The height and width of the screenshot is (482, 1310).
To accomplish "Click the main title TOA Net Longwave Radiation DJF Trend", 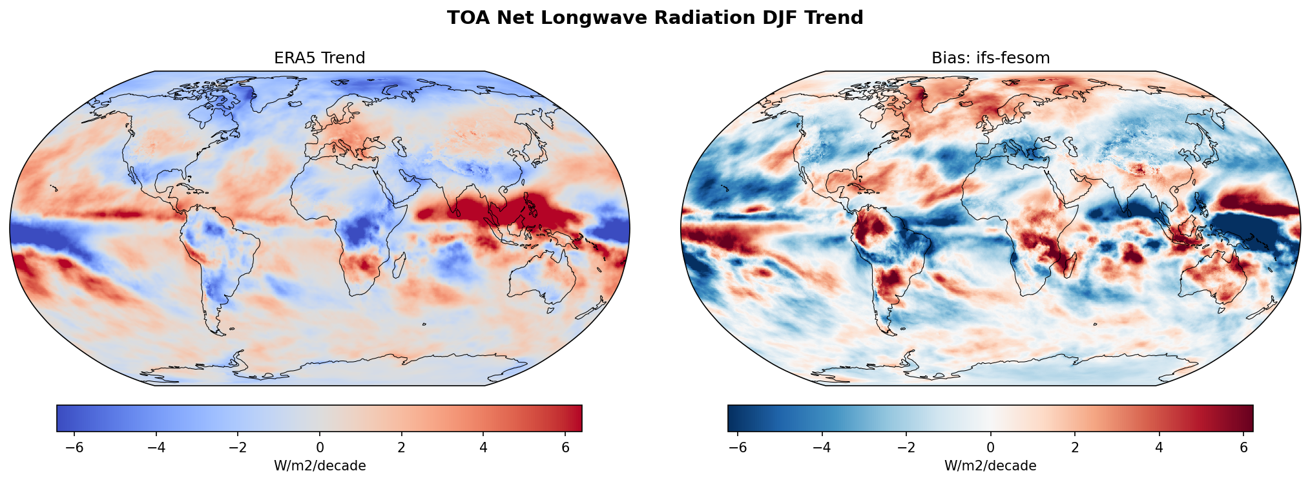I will pyautogui.click(x=655, y=17).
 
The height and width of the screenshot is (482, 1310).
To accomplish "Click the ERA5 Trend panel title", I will pyautogui.click(x=319, y=58).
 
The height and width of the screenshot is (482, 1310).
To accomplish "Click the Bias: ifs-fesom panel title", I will pyautogui.click(x=990, y=58).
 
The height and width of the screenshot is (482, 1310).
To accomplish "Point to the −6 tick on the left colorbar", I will pyautogui.click(x=75, y=448).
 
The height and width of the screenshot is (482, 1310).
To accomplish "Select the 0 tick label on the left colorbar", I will pyautogui.click(x=319, y=448).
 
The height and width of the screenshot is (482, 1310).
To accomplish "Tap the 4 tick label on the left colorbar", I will pyautogui.click(x=483, y=448).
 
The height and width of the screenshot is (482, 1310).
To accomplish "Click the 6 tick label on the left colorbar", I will pyautogui.click(x=565, y=448).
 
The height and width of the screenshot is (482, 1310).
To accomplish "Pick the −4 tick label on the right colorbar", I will pyautogui.click(x=822, y=448).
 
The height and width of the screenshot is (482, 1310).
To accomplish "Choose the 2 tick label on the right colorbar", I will pyautogui.click(x=1075, y=448).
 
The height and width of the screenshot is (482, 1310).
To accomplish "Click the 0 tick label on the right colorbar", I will pyautogui.click(x=990, y=448).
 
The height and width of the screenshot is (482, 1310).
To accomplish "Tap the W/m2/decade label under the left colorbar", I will pyautogui.click(x=319, y=466).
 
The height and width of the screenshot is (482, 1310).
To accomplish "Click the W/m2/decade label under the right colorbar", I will pyautogui.click(x=990, y=466).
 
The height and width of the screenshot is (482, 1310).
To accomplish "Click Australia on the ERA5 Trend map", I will pyautogui.click(x=543, y=278).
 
